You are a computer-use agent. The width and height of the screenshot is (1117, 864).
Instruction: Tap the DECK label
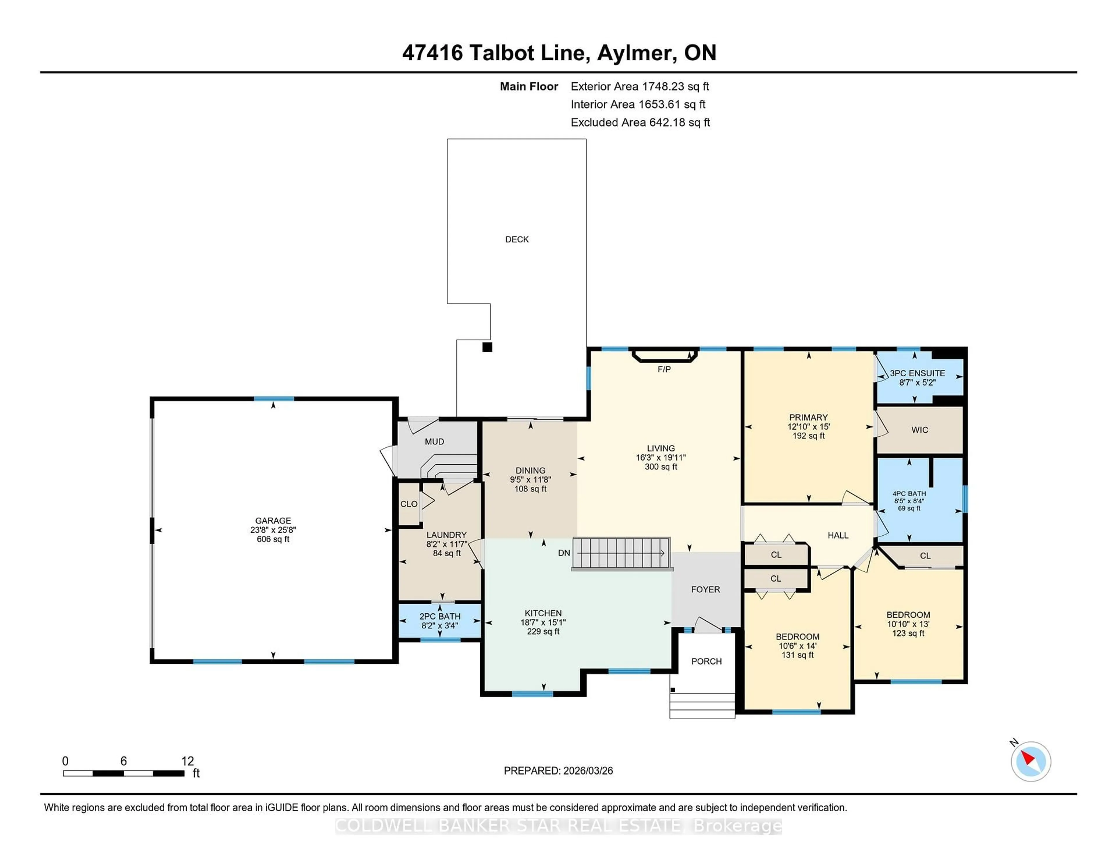pyautogui.click(x=517, y=239)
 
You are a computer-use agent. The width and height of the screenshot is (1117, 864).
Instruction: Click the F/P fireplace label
pyautogui.click(x=664, y=369)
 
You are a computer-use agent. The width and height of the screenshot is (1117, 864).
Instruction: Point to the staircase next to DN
pyautogui.click(x=621, y=553)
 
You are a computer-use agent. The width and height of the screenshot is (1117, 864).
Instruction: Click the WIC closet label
pyautogui.click(x=919, y=430)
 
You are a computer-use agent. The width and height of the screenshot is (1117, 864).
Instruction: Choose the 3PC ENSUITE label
pyautogui.click(x=917, y=373)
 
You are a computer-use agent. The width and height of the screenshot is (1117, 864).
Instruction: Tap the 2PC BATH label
pyautogui.click(x=440, y=616)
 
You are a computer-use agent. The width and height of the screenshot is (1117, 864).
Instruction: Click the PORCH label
pyautogui.click(x=706, y=661)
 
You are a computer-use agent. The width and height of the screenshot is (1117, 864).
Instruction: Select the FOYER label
pyautogui.click(x=705, y=589)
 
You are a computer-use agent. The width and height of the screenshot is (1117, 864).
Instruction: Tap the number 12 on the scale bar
pyautogui.click(x=187, y=761)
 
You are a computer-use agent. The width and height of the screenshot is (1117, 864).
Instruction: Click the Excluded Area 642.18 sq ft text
pyautogui.click(x=640, y=122)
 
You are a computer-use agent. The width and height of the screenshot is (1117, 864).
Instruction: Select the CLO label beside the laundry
pyautogui.click(x=409, y=504)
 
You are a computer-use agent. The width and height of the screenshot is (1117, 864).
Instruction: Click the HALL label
pyautogui.click(x=838, y=535)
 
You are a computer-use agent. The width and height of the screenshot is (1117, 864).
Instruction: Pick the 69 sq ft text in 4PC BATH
pyautogui.click(x=909, y=508)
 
